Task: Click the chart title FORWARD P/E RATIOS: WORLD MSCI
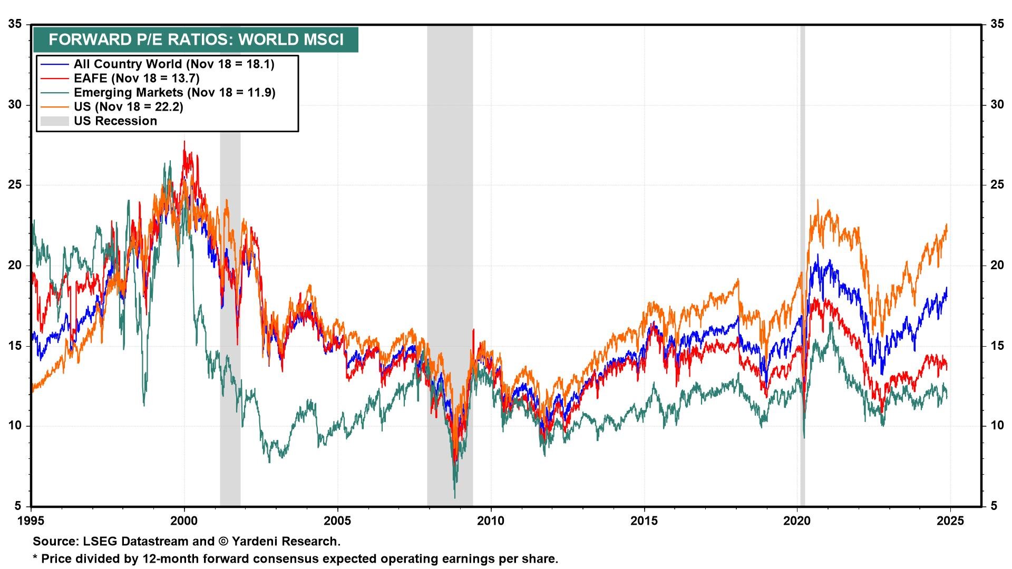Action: coord(196,40)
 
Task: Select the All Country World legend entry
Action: coord(174,64)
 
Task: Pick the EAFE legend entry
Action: coord(136,79)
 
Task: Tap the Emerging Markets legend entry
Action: coord(174,93)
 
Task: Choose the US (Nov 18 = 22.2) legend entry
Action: coord(128,107)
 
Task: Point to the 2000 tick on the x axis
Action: coord(184,521)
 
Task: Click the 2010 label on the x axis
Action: coord(491,521)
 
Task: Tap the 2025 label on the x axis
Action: coord(950,521)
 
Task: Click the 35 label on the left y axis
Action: coord(15,24)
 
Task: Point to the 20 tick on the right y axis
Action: coord(997,265)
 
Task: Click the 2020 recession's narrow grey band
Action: coord(802,263)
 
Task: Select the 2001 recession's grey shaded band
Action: coord(230,316)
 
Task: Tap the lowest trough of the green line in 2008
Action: coord(455,497)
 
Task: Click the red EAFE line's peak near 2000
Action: coord(184,141)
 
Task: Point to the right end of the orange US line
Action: coord(947,225)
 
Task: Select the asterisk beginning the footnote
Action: coord(36,557)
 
